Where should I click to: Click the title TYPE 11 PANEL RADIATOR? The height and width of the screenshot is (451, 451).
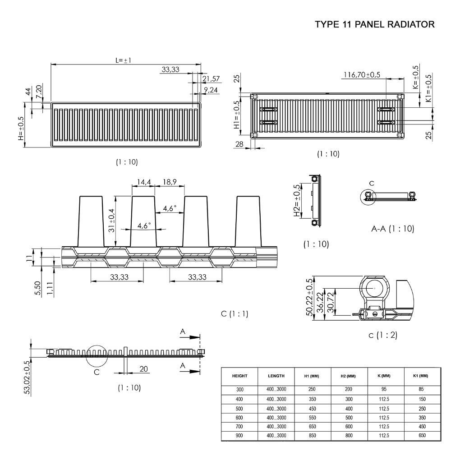point(375,24)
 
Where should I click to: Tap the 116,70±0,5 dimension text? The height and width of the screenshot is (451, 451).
point(362,75)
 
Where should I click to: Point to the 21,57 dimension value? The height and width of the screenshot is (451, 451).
point(211,79)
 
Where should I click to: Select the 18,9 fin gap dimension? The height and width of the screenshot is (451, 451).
point(170,182)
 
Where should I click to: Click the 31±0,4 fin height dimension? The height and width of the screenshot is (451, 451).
point(112,216)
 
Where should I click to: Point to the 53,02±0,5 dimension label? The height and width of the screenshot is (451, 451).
point(27,377)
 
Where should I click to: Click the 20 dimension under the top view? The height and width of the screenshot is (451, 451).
point(143,369)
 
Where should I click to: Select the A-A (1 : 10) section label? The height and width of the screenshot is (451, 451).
point(392,229)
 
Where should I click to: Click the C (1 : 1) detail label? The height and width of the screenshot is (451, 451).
point(235,313)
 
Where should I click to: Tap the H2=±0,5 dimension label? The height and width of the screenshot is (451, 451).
point(297,201)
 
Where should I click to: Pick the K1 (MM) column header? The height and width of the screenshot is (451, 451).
point(420,376)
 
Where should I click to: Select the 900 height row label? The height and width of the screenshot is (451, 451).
point(239,436)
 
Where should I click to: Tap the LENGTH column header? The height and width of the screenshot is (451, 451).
point(276,376)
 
